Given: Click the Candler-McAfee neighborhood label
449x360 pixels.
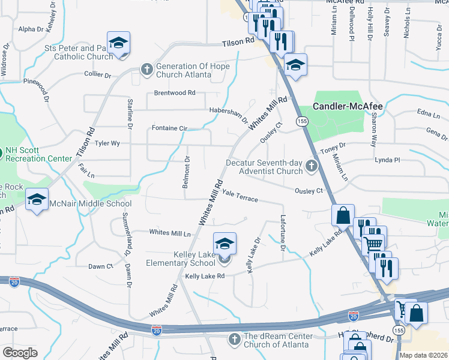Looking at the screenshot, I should (x=348, y=106).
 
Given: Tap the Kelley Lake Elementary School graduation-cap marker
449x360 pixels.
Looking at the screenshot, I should (x=225, y=244).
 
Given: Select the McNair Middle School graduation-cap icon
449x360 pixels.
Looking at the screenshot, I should (x=37, y=199).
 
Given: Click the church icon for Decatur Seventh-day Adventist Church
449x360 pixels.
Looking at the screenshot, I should (x=311, y=166).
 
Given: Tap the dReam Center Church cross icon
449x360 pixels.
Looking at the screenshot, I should (x=235, y=340).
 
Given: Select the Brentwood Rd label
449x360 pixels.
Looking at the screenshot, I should (x=175, y=93).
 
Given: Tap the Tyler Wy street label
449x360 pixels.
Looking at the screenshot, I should (x=107, y=143).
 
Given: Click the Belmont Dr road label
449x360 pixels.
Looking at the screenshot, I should (x=186, y=171).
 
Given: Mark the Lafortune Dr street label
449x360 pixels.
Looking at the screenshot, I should (x=282, y=233).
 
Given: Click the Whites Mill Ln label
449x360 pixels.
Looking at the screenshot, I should (x=169, y=232).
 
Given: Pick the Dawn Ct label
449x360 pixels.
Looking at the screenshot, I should (x=100, y=266).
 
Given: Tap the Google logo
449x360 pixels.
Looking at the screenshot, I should (x=20, y=353).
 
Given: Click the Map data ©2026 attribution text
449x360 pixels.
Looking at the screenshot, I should (x=423, y=355).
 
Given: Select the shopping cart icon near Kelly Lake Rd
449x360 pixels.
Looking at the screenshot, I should (x=373, y=244).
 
